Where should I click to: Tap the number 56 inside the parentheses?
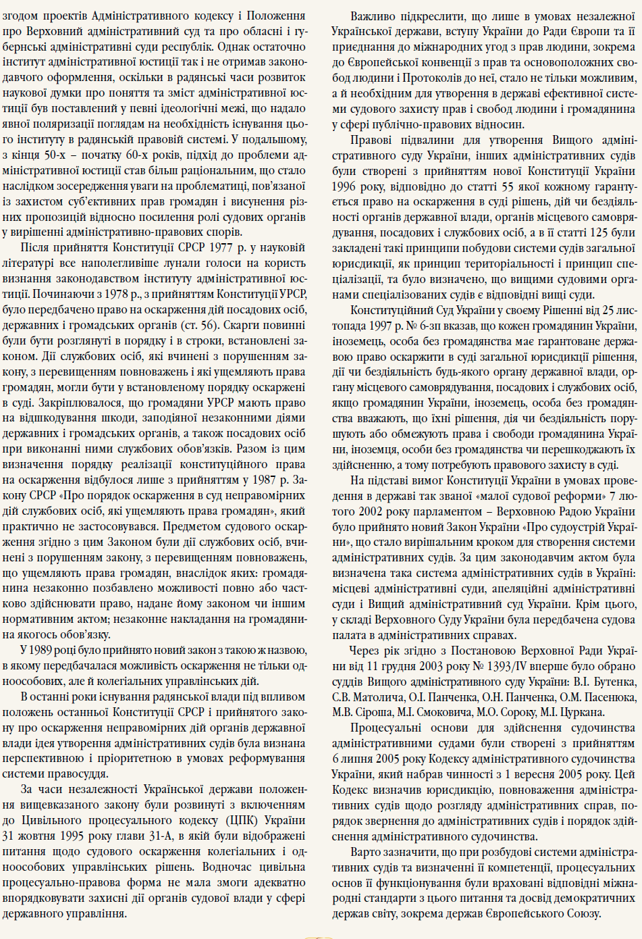tap(210, 325)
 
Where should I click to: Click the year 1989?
tap(43, 651)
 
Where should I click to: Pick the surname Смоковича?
tap(433, 712)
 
